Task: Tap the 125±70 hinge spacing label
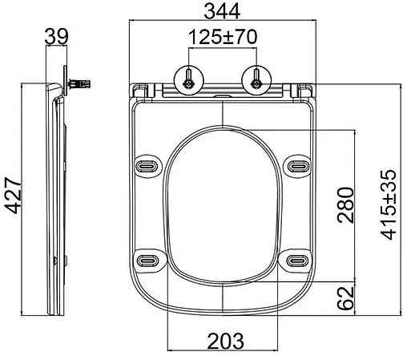[222, 38]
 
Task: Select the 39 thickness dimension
[55, 38]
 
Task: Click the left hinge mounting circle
[188, 79]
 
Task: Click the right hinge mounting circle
[256, 79]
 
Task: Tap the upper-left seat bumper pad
[149, 164]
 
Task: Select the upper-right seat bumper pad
[298, 164]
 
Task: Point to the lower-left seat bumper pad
[149, 260]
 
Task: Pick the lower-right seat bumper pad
[298, 260]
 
